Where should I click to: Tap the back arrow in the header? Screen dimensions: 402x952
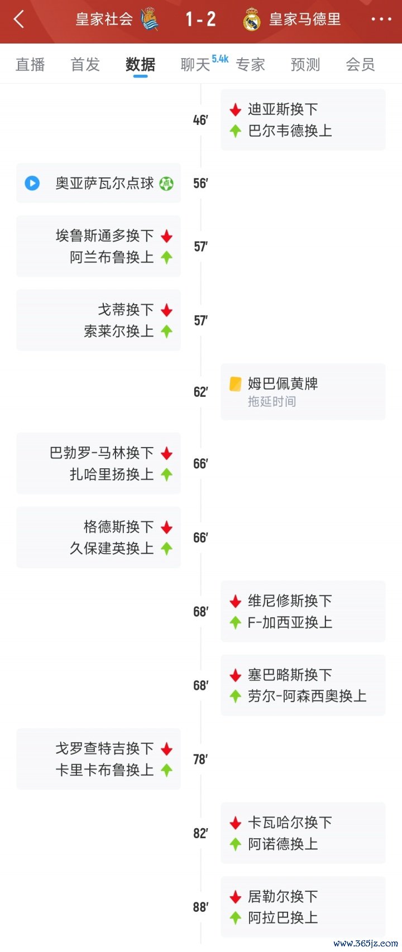click(19, 19)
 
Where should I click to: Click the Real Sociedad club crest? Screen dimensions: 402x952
click(149, 19)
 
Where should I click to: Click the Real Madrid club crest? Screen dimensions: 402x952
click(252, 20)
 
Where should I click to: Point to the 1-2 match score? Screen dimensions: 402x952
click(201, 19)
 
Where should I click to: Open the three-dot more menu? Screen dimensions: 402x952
click(381, 19)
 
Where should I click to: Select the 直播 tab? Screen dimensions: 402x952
click(30, 65)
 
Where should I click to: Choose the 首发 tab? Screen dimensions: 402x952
click(85, 65)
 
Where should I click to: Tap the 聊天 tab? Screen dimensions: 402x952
click(195, 65)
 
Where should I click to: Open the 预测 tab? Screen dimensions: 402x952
click(305, 65)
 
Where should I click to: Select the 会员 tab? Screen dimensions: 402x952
click(360, 65)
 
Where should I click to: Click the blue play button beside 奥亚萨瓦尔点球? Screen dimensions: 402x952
click(32, 183)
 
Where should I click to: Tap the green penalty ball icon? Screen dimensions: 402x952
click(166, 184)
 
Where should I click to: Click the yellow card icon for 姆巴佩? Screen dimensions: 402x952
click(235, 384)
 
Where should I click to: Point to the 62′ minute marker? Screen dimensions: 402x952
click(201, 391)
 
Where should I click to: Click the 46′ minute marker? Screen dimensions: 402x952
click(200, 121)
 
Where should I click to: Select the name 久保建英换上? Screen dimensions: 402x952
click(112, 548)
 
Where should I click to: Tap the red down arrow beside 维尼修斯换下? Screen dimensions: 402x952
click(235, 601)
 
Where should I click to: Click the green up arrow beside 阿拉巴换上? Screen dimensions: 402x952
click(235, 917)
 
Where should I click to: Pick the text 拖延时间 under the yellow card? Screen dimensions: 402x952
click(272, 401)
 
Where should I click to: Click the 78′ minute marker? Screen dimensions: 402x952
click(200, 759)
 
